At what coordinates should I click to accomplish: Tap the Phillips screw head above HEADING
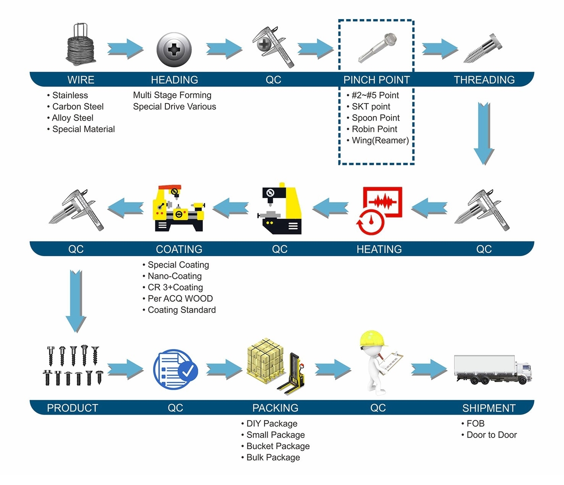[174, 50]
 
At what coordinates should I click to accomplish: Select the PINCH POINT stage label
[376, 80]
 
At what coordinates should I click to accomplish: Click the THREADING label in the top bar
[484, 80]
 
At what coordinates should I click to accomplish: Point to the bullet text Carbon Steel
[78, 107]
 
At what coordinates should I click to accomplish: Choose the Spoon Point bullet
[375, 118]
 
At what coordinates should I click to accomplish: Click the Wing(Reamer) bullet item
[380, 141]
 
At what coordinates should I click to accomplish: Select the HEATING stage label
[379, 249]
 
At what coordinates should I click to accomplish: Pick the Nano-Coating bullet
[175, 276]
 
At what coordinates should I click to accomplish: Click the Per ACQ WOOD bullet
[180, 299]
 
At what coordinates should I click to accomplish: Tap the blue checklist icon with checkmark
[175, 370]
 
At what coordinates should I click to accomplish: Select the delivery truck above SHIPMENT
[492, 370]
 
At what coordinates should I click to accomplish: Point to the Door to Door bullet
[491, 435]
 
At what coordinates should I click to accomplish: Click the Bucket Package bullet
[278, 446]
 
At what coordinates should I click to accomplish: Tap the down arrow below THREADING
[484, 133]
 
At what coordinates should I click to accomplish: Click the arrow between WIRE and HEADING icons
[125, 49]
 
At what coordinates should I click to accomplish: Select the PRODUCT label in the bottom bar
[72, 408]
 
